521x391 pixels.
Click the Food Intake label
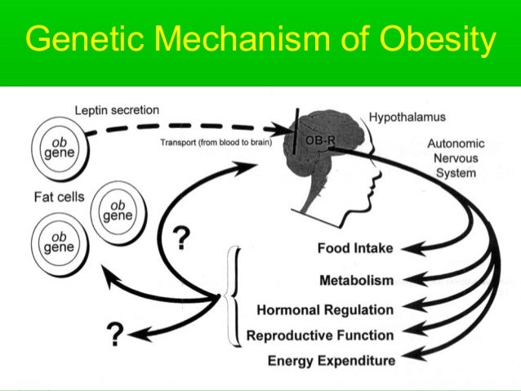(x=356, y=247)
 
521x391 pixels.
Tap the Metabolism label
(x=356, y=280)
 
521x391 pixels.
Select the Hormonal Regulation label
(x=325, y=309)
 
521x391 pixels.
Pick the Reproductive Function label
(x=320, y=335)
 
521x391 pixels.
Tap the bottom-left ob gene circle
(x=57, y=242)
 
